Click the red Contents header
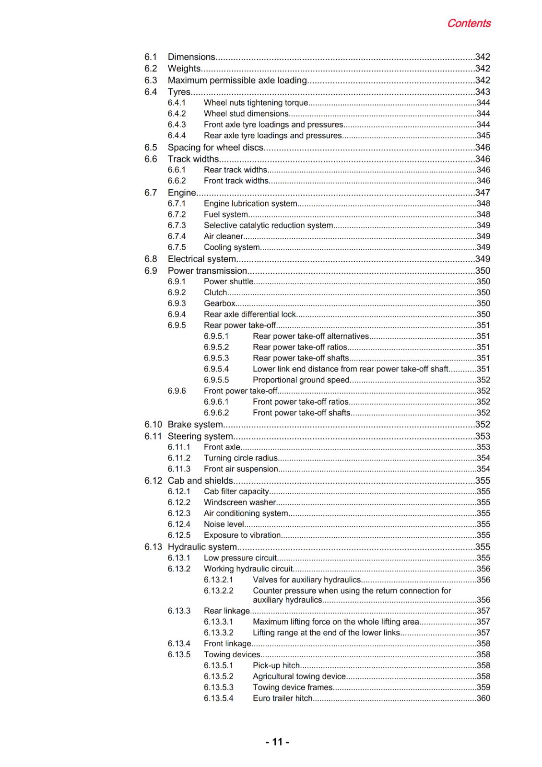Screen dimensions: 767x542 (x=468, y=23)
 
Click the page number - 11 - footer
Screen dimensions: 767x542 (x=277, y=742)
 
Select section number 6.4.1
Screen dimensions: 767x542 (x=177, y=103)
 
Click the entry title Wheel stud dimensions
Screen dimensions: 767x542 (x=246, y=114)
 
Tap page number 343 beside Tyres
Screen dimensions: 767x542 (x=483, y=92)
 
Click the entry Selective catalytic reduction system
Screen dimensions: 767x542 (x=268, y=225)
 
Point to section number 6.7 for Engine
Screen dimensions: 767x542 (x=151, y=192)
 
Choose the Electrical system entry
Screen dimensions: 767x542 (x=201, y=259)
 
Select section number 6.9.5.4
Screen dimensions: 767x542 (x=216, y=369)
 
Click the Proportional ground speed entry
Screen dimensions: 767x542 (x=301, y=380)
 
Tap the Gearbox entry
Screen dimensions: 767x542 (x=219, y=303)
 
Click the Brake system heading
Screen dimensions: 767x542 (x=195, y=424)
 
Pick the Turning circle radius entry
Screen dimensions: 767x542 (x=240, y=458)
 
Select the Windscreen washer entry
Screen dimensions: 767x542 (x=239, y=502)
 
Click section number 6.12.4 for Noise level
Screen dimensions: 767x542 (x=179, y=524)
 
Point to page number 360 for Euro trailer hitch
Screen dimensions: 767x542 (x=483, y=698)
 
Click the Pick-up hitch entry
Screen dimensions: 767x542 (x=276, y=665)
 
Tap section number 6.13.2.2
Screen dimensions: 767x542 (x=218, y=591)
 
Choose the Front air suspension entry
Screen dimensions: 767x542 (x=240, y=469)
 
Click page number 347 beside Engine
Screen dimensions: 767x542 (x=483, y=192)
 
